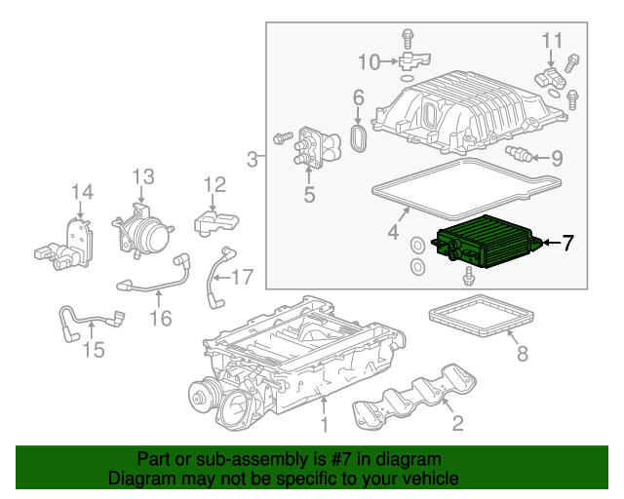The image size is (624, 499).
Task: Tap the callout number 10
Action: tap(369, 62)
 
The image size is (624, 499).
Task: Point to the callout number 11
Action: tap(553, 41)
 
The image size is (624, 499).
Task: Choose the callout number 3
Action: tap(253, 159)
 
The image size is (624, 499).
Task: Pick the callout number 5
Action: tap(309, 195)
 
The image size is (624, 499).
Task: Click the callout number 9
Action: tap(556, 158)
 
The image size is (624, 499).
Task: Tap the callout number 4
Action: tap(393, 232)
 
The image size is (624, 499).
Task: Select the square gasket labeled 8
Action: tap(483, 316)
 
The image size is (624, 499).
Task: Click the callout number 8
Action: tap(522, 354)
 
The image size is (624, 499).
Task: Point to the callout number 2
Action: tap(454, 422)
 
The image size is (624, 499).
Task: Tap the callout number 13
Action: tap(143, 176)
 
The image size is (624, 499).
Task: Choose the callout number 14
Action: tap(82, 192)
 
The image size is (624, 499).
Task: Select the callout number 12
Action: tap(214, 184)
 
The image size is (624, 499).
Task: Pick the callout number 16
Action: tap(161, 318)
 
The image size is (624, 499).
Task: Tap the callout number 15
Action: tap(93, 349)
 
